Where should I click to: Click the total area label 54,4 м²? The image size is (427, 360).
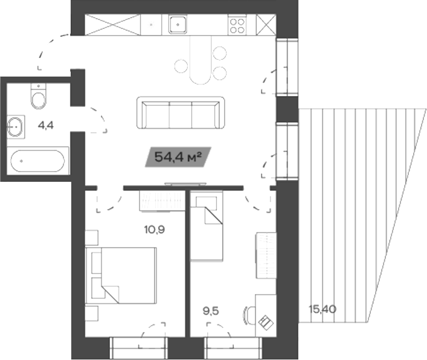tap(177, 158)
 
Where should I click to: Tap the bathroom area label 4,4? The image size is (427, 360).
tap(45, 126)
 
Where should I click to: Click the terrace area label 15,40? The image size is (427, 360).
tap(322, 309)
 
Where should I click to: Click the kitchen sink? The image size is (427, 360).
tap(178, 24)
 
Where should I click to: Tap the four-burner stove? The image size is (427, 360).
tap(237, 25)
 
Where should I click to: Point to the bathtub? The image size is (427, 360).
tap(39, 160)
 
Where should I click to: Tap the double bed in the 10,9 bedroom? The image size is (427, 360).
tap(121, 275)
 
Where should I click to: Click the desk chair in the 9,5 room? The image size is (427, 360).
tap(247, 315)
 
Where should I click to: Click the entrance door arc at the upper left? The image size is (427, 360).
tap(51, 48)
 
